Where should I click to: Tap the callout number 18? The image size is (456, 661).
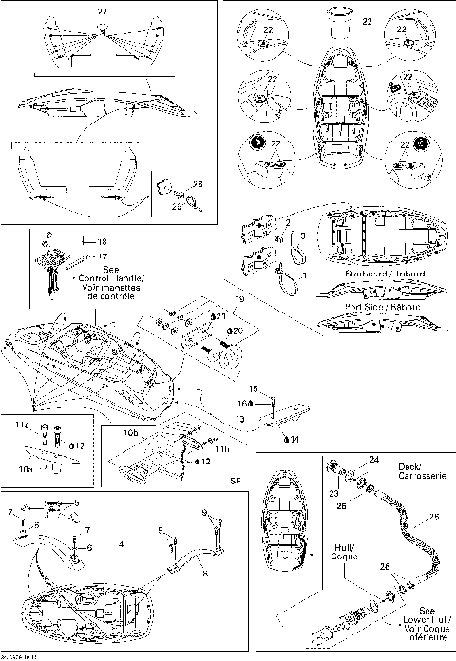(102, 242)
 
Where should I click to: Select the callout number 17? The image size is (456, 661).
(102, 255)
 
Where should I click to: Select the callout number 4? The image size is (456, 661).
(121, 544)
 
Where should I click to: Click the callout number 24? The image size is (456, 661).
(373, 460)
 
